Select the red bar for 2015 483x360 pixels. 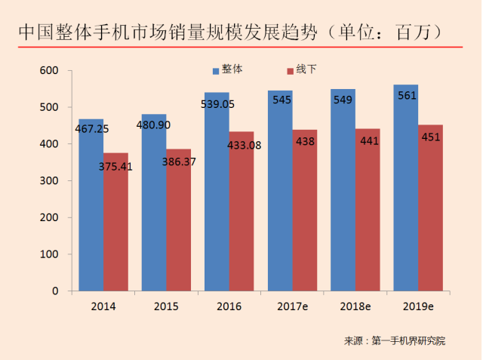pyautogui.click(x=178, y=226)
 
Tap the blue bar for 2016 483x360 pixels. pyautogui.click(x=217, y=204)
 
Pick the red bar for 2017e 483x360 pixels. pyautogui.click(x=304, y=219)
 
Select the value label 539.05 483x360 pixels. pyautogui.click(x=217, y=105)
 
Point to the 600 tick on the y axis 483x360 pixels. pyautogui.click(x=49, y=71)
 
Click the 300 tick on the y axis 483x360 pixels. pyautogui.click(x=49, y=181)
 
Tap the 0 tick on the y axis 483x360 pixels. pyautogui.click(x=55, y=291)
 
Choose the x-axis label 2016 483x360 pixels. pyautogui.click(x=229, y=306)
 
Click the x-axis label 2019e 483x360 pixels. pyautogui.click(x=417, y=306)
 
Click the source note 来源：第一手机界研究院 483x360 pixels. pyautogui.click(x=394, y=341)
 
